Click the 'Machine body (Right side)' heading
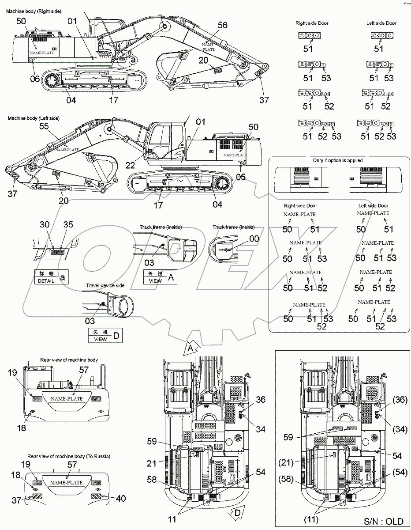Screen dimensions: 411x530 click(x=34, y=11)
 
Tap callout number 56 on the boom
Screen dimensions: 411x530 click(x=222, y=25)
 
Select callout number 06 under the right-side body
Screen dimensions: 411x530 click(x=35, y=79)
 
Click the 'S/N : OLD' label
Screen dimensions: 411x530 click(x=384, y=521)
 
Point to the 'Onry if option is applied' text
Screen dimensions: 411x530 click(x=338, y=160)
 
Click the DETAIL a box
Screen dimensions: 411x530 click(x=51, y=277)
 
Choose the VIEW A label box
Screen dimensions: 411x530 click(x=160, y=277)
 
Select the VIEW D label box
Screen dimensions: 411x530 click(x=105, y=335)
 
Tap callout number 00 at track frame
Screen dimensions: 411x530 click(x=254, y=238)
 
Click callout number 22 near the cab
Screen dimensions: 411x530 click(x=130, y=165)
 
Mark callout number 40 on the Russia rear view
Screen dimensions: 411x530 click(x=121, y=498)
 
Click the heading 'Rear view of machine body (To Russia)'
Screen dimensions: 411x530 click(x=69, y=456)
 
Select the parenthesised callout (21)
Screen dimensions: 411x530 click(x=286, y=462)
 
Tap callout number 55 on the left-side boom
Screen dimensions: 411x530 click(x=44, y=126)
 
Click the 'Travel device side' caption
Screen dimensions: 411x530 click(x=105, y=285)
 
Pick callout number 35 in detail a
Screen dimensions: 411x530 click(x=68, y=224)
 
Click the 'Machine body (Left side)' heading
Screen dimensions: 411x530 click(x=34, y=118)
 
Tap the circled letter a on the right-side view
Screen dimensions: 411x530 click(x=134, y=60)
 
